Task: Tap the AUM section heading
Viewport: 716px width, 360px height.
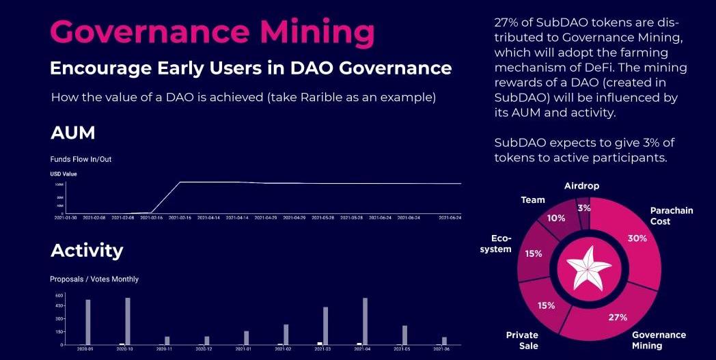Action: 72,133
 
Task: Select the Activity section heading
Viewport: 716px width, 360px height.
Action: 87,251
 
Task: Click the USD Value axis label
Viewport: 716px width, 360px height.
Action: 64,174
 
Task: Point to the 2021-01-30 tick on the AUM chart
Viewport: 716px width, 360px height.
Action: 66,217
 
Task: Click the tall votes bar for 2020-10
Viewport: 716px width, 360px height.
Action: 128,321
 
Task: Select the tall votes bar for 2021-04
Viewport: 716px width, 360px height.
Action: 365,321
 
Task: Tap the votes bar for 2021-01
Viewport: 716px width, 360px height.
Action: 246,338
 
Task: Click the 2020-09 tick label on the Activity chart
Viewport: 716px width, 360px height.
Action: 85,349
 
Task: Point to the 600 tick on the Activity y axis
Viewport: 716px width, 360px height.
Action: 59,295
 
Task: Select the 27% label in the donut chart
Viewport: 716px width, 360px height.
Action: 618,317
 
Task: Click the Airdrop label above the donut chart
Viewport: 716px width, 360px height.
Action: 582,186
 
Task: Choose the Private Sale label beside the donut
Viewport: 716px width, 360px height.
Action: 523,340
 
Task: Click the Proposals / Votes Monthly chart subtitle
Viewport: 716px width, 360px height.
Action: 94,279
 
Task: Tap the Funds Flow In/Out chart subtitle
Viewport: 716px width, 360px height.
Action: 81,159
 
